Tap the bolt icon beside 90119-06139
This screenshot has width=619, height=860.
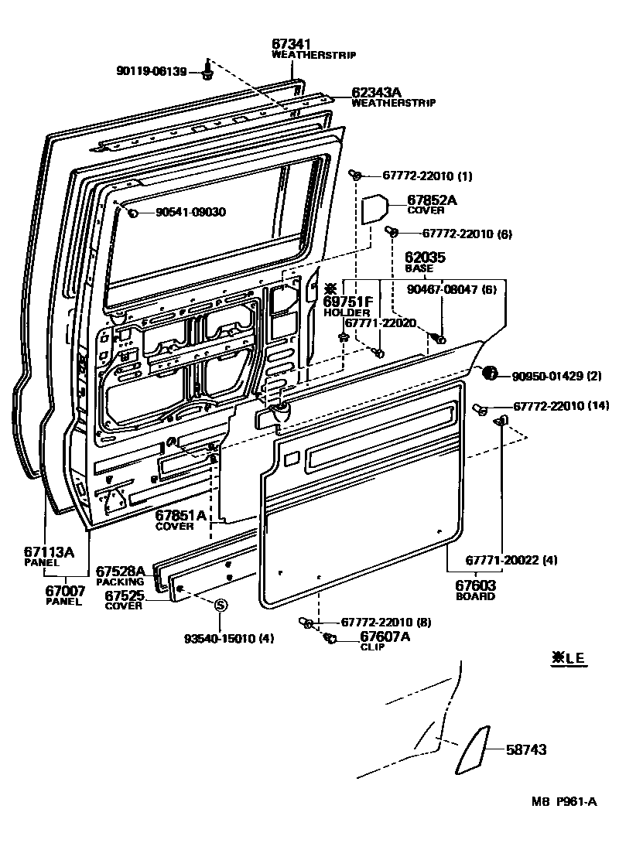(x=207, y=72)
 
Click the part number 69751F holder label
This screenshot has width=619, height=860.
(x=348, y=302)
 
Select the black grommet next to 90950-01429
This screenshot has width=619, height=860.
(x=490, y=374)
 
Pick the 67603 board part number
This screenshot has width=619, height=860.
(x=475, y=586)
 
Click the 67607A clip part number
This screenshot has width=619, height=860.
(x=385, y=636)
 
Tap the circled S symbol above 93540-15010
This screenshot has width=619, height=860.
(x=220, y=606)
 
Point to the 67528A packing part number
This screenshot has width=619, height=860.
(x=121, y=571)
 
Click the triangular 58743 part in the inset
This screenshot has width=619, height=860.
(x=473, y=749)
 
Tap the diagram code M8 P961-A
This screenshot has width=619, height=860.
(x=563, y=801)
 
